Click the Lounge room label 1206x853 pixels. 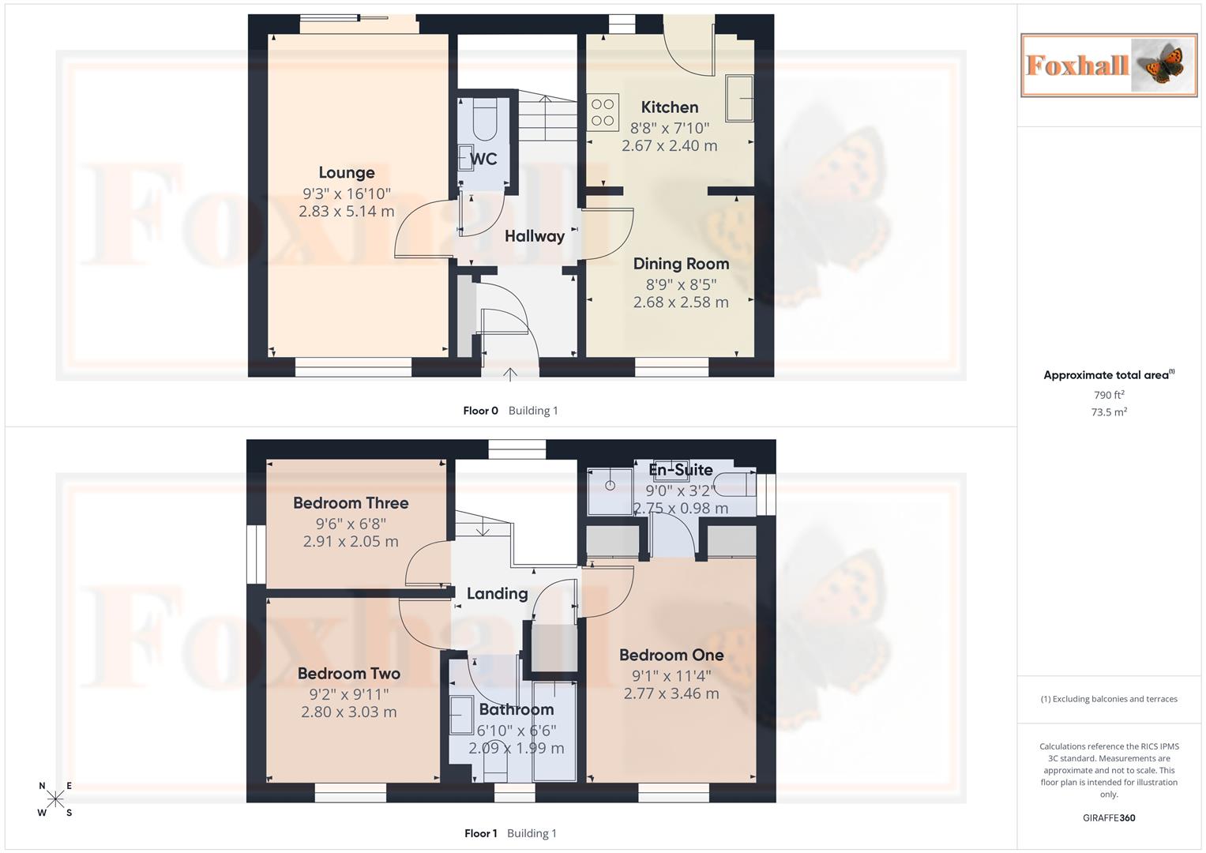[347, 173]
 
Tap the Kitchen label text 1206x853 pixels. [670, 107]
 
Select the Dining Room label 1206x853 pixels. [681, 264]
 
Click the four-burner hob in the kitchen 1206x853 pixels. [603, 112]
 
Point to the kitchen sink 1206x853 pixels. [740, 98]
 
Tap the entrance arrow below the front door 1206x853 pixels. [510, 374]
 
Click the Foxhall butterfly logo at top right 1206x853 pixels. [1109, 66]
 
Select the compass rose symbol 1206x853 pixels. [55, 799]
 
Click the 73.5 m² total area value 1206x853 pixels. [1109, 412]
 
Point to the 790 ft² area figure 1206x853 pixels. [1109, 395]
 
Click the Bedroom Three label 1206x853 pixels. [351, 503]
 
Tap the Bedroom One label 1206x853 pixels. [671, 655]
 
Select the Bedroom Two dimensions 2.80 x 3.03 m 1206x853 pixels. [349, 712]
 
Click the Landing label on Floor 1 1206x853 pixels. [497, 594]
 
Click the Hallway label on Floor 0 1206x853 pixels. [535, 236]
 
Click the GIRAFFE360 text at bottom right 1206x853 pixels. [1109, 818]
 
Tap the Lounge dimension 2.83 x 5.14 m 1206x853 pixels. [347, 212]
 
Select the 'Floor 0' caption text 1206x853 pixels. [480, 411]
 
